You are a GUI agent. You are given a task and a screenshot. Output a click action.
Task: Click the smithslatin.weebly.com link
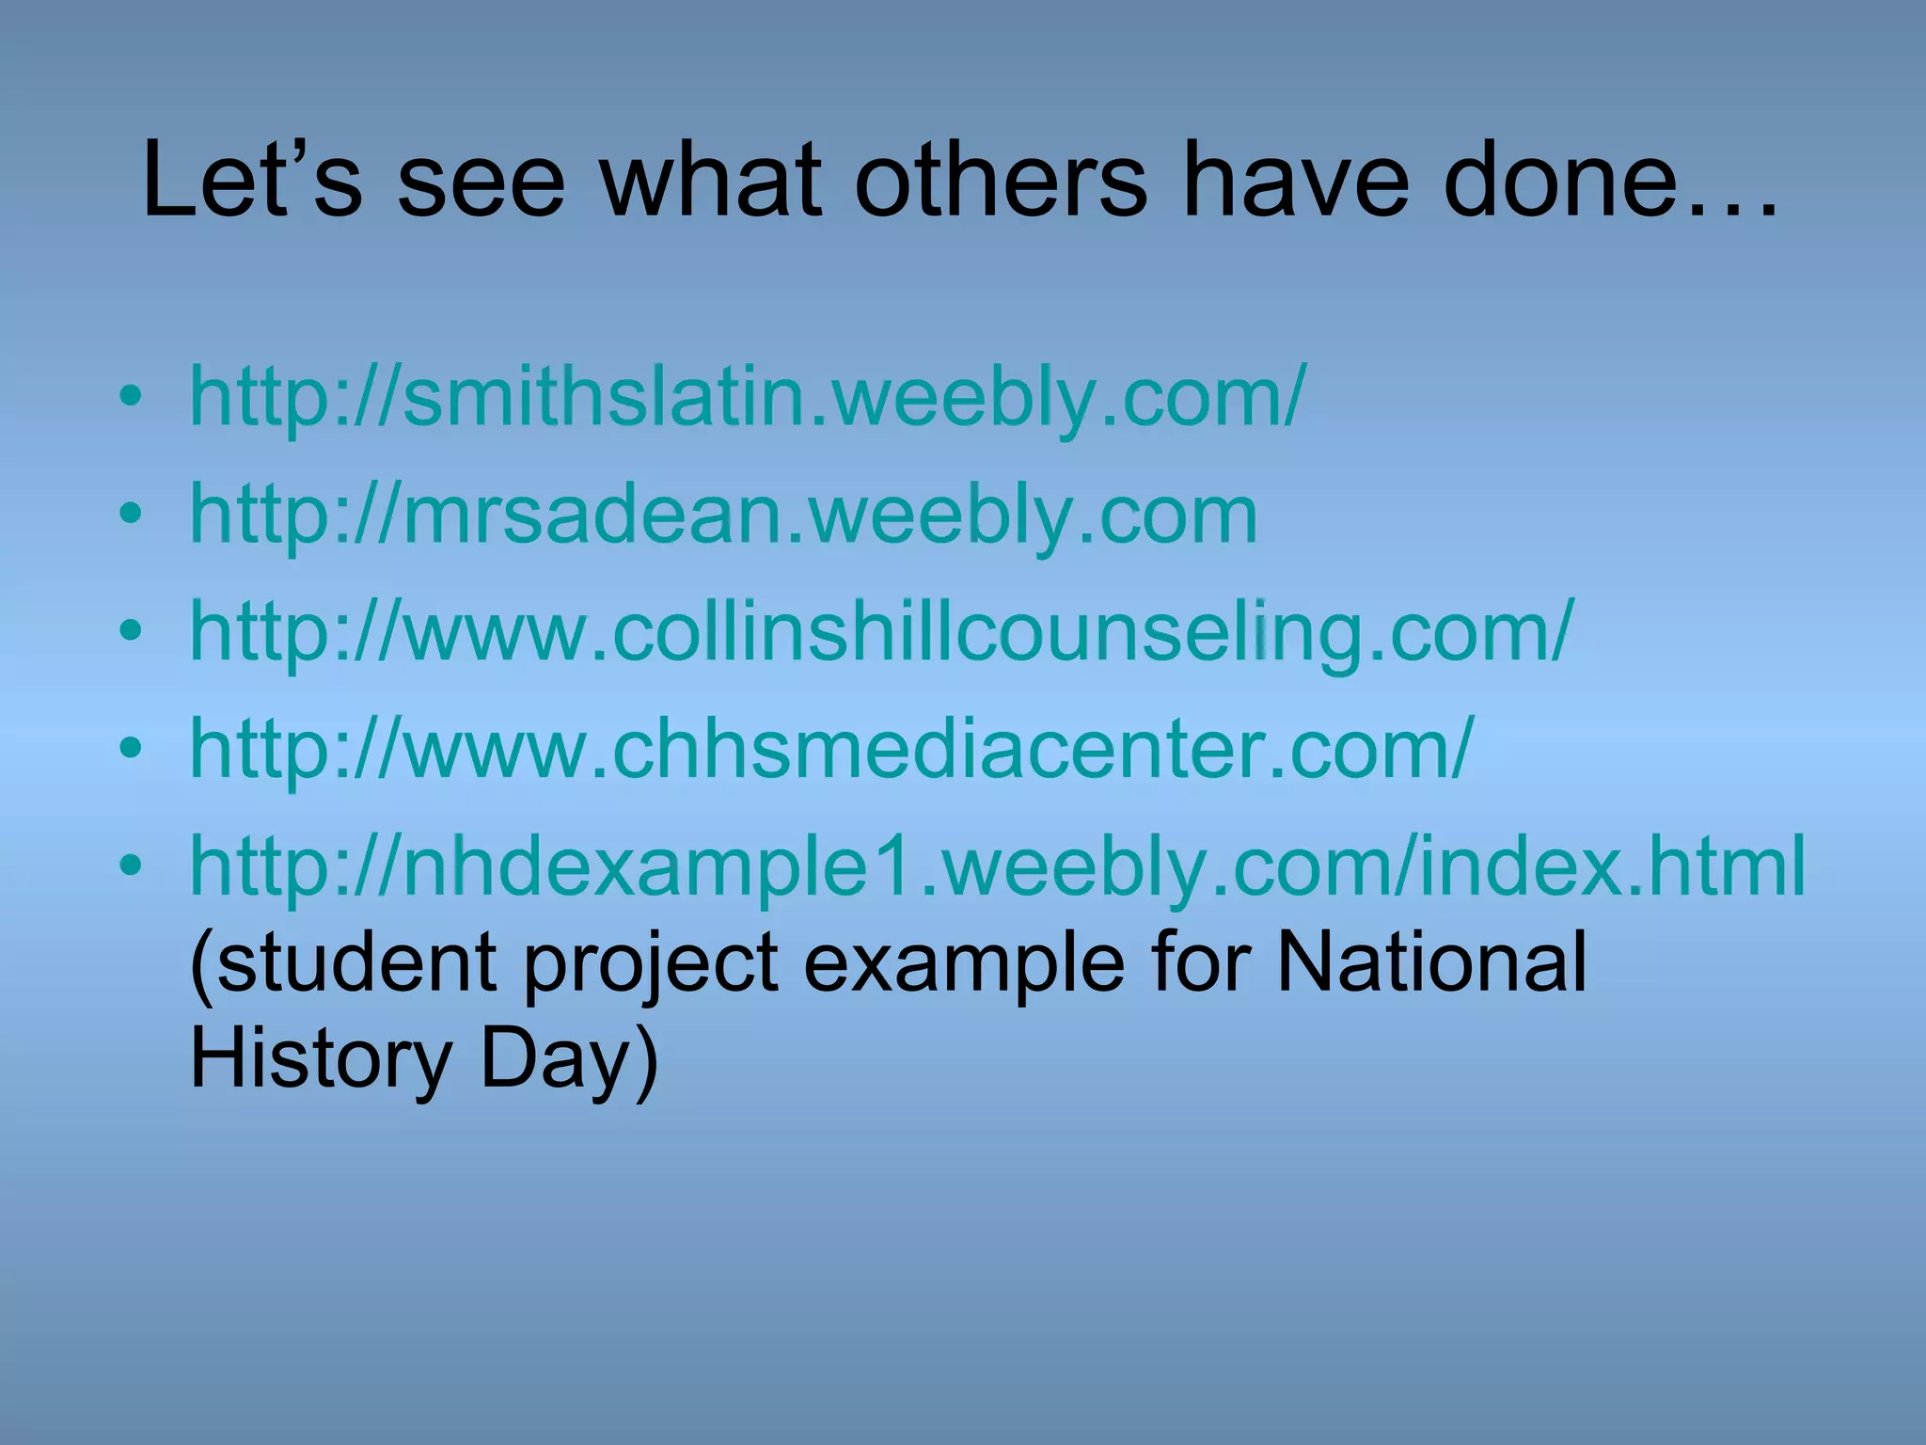pyautogui.click(x=748, y=397)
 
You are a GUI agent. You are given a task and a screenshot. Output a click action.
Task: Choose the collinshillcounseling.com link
pyautogui.click(x=880, y=632)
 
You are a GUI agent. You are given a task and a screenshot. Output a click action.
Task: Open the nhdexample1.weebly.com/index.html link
pyautogui.click(x=997, y=866)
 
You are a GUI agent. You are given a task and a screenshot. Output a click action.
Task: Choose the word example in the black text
pyautogui.click(x=963, y=964)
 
